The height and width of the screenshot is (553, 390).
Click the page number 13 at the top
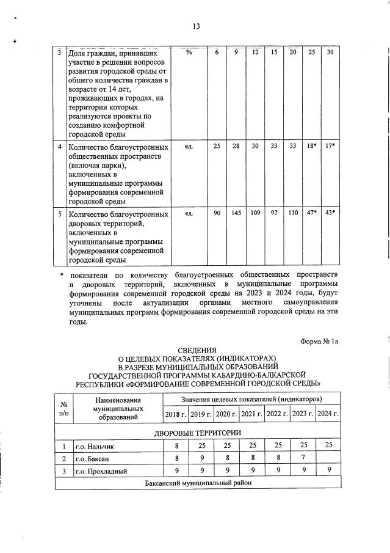tap(196, 26)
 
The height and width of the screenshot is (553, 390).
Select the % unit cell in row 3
tap(189, 53)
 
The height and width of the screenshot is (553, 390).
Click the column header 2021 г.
tap(251, 415)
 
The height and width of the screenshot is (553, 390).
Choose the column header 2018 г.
tap(176, 415)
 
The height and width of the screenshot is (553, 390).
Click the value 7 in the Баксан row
tap(302, 458)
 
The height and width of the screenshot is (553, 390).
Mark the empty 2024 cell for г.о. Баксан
tap(327, 458)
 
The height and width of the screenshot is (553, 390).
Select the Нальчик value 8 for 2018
tap(176, 446)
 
